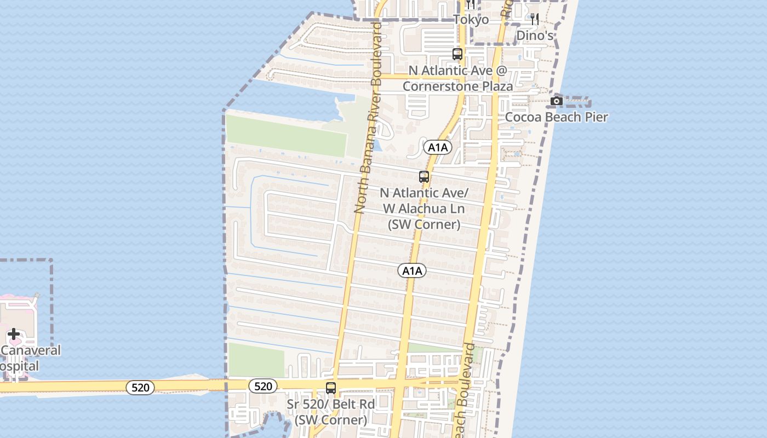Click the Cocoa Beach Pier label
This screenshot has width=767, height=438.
tap(556, 117)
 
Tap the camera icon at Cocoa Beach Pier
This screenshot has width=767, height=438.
tap(557, 101)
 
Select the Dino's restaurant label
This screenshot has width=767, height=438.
tap(535, 36)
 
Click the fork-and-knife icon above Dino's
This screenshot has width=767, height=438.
tap(535, 19)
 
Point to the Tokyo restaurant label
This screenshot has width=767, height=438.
tap(471, 20)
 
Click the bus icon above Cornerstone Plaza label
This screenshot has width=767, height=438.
tap(457, 54)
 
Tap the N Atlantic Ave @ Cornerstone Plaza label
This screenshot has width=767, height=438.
tap(458, 78)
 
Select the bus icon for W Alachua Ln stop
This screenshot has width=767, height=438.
tap(424, 177)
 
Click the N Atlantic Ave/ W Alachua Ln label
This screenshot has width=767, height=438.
tap(424, 209)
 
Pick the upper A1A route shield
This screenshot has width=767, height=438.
tap(437, 147)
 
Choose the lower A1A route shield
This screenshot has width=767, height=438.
tap(412, 270)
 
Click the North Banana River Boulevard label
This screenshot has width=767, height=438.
tap(368, 118)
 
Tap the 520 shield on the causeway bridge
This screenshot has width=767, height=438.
tap(140, 388)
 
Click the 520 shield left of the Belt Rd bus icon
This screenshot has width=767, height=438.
tap(263, 386)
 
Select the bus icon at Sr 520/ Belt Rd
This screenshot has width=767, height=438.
tap(331, 388)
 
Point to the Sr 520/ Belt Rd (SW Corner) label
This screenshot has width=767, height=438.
tap(331, 412)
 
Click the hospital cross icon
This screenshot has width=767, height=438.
tap(14, 334)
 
